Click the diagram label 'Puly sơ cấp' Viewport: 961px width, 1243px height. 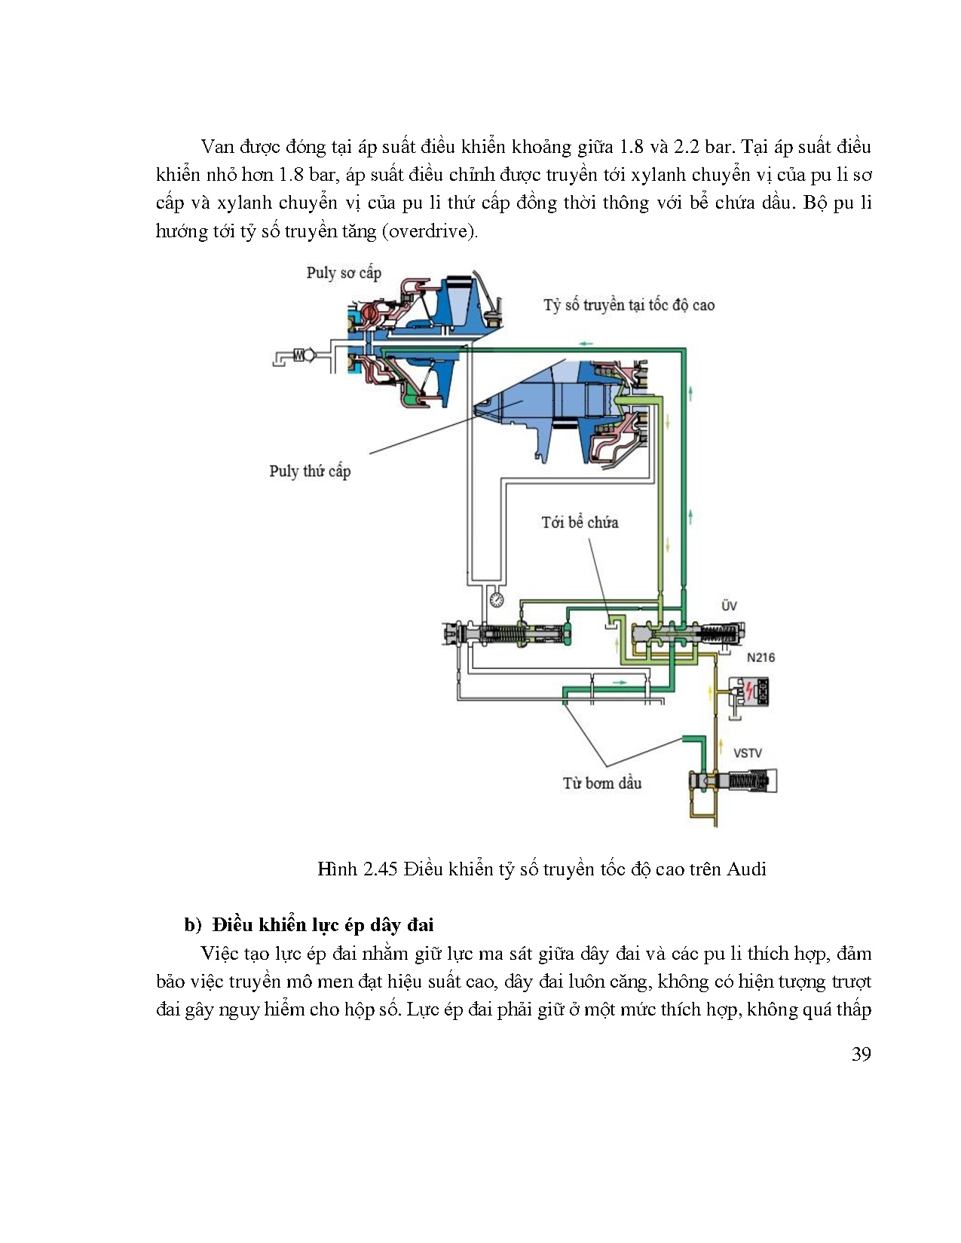(x=344, y=273)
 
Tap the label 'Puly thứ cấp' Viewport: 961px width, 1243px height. (x=310, y=472)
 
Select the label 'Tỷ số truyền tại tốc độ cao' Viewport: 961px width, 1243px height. (x=629, y=305)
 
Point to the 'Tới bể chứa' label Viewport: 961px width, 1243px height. (x=580, y=522)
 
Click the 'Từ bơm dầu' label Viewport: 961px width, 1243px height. (x=601, y=783)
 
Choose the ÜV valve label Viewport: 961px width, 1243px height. (x=728, y=606)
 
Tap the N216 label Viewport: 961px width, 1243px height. (x=761, y=657)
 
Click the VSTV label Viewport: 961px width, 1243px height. (x=747, y=753)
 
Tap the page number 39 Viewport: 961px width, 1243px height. (x=861, y=1054)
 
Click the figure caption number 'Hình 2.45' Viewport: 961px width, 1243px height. (x=357, y=869)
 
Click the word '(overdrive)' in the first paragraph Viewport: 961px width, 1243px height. (x=429, y=231)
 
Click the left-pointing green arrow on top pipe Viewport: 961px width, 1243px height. (x=585, y=344)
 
